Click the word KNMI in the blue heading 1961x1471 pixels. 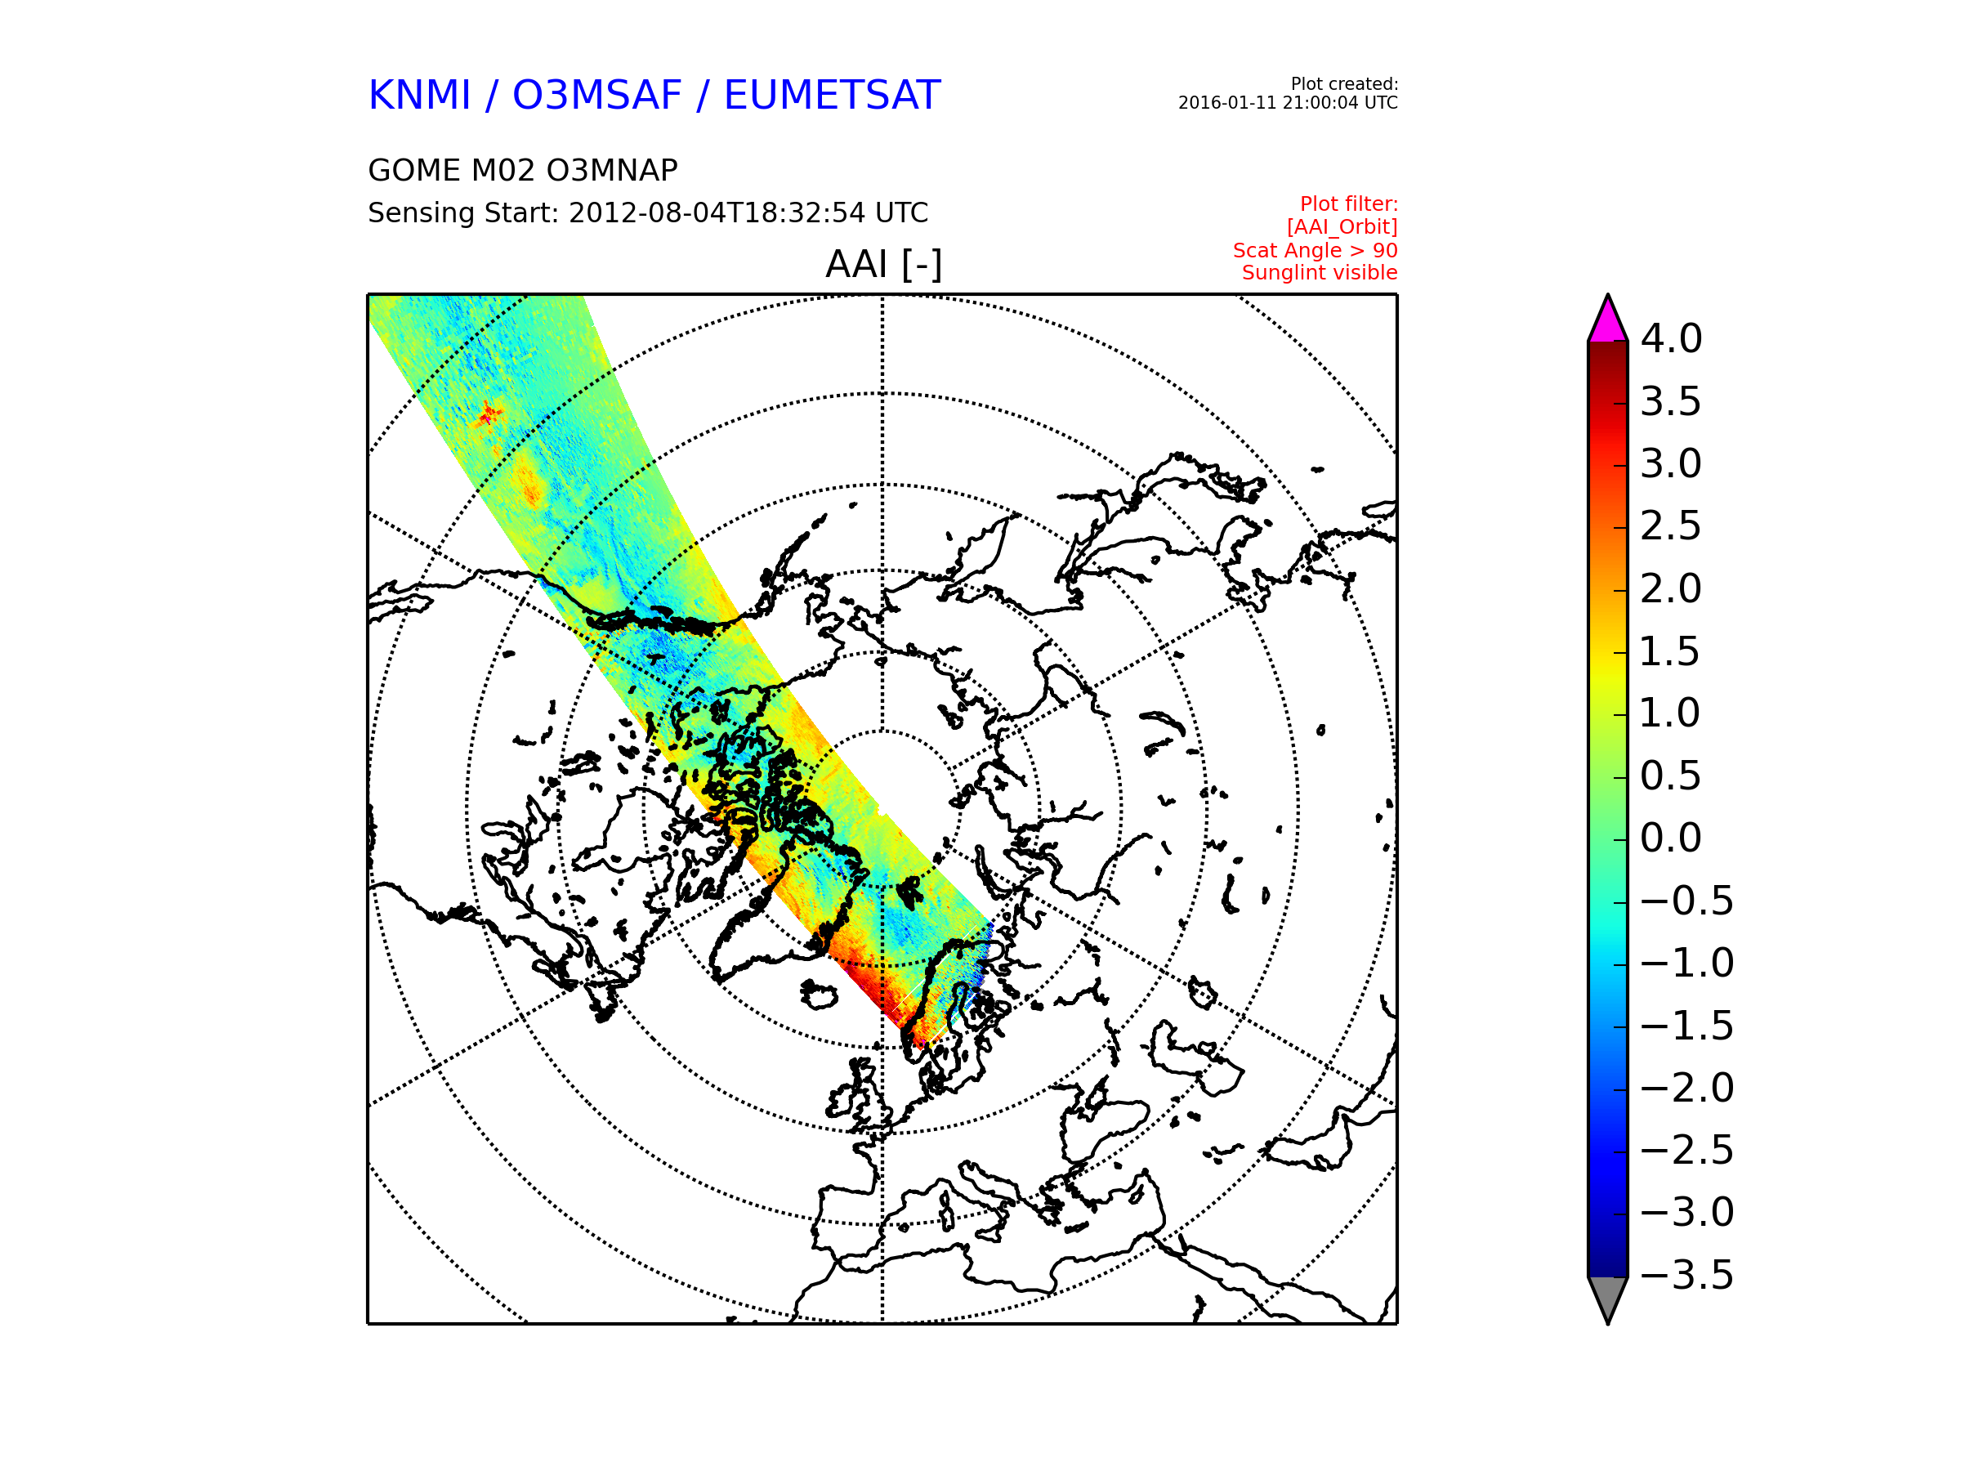419,95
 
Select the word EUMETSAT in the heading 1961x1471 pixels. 832,95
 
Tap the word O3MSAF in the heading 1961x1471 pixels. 596,95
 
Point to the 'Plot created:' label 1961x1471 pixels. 1344,84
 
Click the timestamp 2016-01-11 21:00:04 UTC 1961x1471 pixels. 1287,103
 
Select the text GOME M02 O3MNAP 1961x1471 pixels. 523,170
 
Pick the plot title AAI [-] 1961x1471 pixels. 883,264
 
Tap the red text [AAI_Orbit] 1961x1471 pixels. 1342,227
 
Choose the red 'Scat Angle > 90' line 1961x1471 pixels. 1315,250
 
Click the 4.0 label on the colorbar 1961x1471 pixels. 1670,338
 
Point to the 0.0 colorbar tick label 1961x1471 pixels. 1670,838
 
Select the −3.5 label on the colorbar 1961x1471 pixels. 1686,1275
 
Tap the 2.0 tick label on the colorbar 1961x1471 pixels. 1670,588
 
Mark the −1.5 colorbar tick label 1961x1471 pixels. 1686,1026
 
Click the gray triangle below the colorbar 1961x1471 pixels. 1607,1295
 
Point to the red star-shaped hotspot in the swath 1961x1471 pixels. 489,414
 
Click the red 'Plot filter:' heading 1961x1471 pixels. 1348,204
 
